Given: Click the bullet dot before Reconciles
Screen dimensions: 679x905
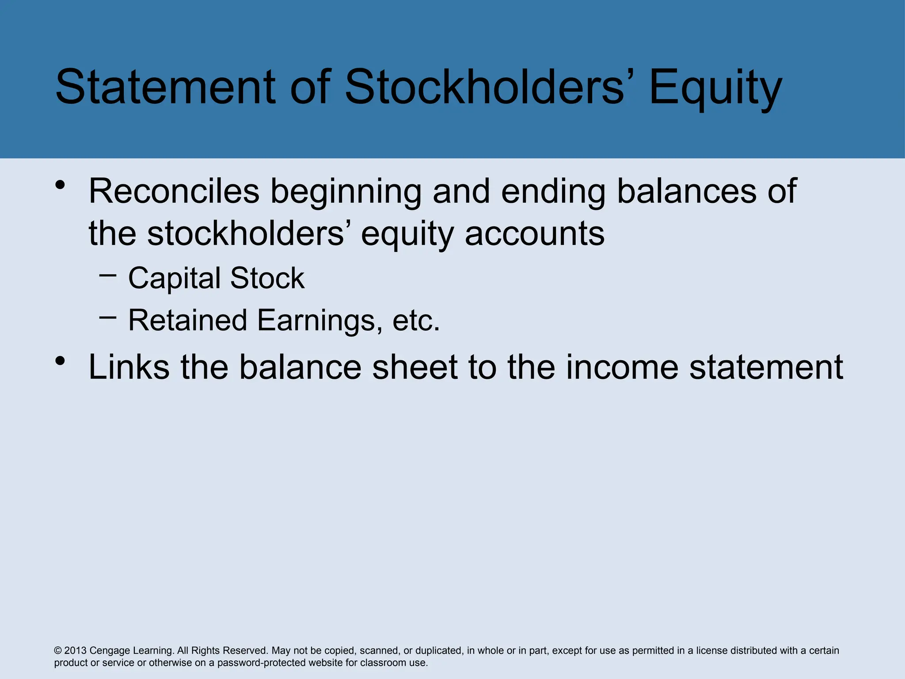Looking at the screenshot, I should (x=61, y=185).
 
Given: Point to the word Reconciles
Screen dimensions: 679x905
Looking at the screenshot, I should (x=174, y=191).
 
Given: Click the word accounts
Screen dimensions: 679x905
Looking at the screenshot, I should (x=535, y=234).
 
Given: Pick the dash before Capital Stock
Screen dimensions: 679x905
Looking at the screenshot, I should (x=108, y=275).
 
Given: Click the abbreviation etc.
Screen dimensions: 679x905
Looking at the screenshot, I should (x=416, y=320).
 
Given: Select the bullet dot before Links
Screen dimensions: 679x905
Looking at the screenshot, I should (x=61, y=361).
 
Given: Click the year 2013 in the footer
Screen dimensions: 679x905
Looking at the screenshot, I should (x=75, y=650).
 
